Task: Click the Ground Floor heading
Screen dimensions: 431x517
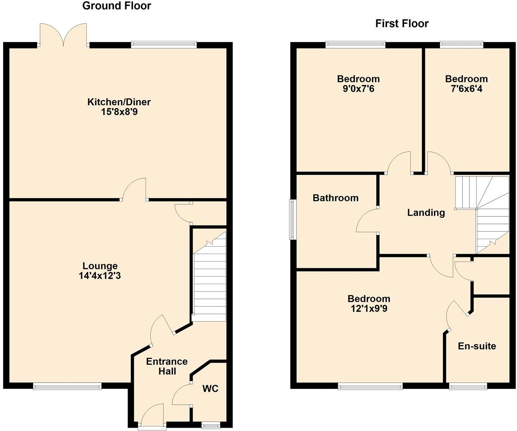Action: pos(116,6)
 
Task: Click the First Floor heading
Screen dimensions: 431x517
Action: pos(402,24)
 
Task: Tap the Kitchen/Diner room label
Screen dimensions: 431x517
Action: pos(119,102)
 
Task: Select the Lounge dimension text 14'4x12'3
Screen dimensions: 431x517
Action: pos(100,276)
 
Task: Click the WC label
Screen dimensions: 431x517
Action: pos(210,389)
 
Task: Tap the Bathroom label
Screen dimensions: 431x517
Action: pos(335,198)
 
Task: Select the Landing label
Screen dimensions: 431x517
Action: pos(426,213)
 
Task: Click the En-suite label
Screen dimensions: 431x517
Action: pos(477,346)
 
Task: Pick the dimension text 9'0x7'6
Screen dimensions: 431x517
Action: pos(358,88)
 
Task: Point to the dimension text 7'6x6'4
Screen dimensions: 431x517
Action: pos(466,88)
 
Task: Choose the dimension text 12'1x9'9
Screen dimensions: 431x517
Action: pos(369,309)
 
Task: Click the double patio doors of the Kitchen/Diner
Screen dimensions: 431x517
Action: pos(63,35)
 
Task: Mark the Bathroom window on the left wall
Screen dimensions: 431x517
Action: pos(293,219)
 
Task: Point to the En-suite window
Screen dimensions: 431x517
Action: pos(468,386)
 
